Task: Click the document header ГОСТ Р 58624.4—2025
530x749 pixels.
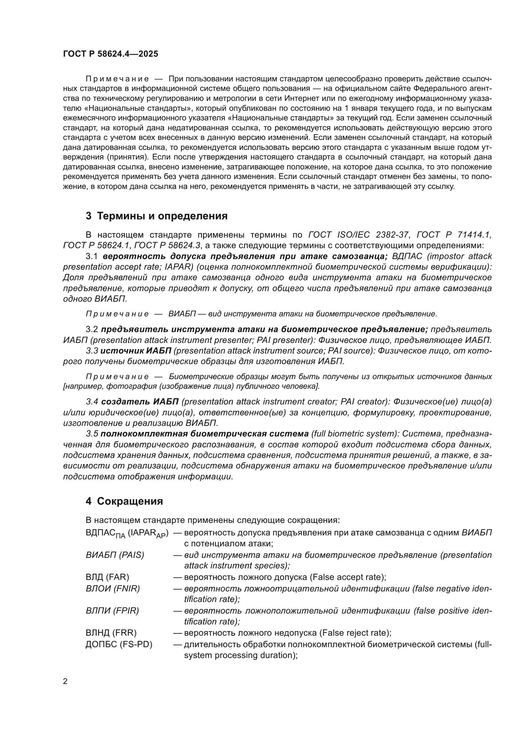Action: click(x=110, y=54)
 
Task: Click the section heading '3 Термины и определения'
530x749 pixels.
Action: click(x=156, y=216)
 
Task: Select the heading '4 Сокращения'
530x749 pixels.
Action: click(x=124, y=501)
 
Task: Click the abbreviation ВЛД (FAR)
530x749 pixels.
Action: click(x=107, y=577)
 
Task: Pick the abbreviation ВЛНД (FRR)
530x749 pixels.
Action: click(x=111, y=633)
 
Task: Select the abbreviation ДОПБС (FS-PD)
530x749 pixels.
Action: click(x=119, y=644)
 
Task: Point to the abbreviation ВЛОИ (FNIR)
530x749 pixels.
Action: click(x=112, y=589)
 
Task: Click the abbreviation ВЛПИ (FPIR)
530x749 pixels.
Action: click(x=112, y=611)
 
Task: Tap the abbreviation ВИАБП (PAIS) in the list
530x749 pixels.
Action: click(x=115, y=555)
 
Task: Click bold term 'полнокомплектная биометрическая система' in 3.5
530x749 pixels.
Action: click(x=204, y=434)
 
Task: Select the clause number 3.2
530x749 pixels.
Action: click(x=92, y=330)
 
